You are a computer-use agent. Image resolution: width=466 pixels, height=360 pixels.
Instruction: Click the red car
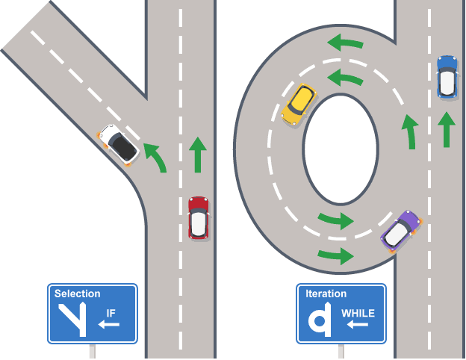pyautogui.click(x=198, y=217)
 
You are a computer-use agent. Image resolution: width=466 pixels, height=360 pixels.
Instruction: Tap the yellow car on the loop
pyautogui.click(x=299, y=105)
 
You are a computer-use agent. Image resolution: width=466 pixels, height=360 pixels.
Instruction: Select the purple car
pyautogui.click(x=401, y=231)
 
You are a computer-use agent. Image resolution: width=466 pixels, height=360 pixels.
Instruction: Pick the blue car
pyautogui.click(x=447, y=76)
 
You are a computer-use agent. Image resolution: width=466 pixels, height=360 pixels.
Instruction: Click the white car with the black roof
pyautogui.click(x=119, y=144)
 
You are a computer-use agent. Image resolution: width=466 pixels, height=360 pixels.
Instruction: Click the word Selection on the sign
pyautogui.click(x=78, y=294)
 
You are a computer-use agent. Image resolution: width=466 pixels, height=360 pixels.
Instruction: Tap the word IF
pyautogui.click(x=111, y=313)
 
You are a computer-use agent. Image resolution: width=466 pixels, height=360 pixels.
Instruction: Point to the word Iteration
pyautogui.click(x=326, y=294)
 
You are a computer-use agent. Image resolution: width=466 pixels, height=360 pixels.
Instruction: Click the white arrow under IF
pyautogui.click(x=109, y=325)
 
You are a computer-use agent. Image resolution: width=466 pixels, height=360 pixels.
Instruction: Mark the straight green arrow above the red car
pyautogui.click(x=197, y=154)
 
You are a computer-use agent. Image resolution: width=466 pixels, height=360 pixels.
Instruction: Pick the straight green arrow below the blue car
pyautogui.click(x=446, y=128)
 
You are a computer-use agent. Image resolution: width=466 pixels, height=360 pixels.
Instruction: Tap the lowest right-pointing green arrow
pyautogui.click(x=335, y=256)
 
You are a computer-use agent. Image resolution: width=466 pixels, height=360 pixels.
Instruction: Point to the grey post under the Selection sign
pyautogui.click(x=93, y=351)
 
